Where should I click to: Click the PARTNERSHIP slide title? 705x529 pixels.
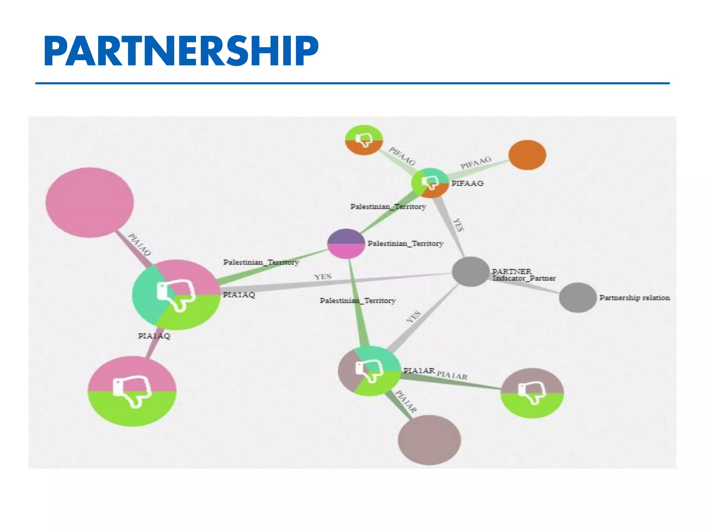click(181, 51)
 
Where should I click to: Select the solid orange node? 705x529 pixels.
click(527, 155)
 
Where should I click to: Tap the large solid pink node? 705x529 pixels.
click(90, 203)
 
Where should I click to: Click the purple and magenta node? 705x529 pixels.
click(346, 243)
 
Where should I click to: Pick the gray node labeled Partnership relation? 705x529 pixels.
click(577, 298)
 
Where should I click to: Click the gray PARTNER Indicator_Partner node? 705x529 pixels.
click(470, 271)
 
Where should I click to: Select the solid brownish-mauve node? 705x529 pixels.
click(429, 440)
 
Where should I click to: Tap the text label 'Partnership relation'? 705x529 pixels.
click(634, 298)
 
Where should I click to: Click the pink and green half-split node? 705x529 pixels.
click(132, 391)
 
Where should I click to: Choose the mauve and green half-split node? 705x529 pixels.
click(532, 393)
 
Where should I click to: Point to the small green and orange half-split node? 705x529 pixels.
click(364, 140)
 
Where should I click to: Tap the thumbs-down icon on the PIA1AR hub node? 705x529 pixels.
click(369, 371)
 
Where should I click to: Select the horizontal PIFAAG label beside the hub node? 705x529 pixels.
click(467, 183)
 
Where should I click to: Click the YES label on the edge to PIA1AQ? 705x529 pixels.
click(323, 277)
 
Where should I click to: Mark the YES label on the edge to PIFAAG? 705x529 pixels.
click(458, 225)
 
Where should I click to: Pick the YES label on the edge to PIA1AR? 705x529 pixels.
click(413, 317)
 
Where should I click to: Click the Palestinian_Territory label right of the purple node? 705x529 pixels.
click(405, 243)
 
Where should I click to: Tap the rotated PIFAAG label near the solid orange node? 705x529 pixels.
click(476, 163)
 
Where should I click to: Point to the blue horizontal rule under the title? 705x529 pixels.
click(352, 83)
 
